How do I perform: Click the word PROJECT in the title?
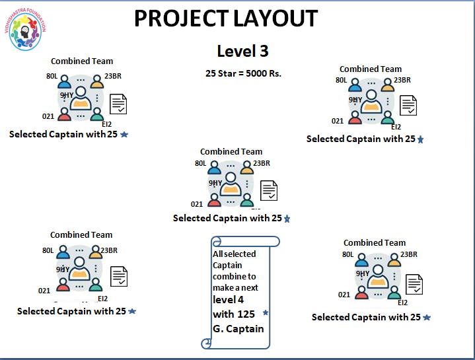[178, 18]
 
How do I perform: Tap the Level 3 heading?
[242, 52]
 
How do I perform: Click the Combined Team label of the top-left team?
[82, 61]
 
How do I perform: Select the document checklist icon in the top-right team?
[408, 105]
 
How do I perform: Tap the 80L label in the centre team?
[201, 163]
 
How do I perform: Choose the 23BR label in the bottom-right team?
[409, 254]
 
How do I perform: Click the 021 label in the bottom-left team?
[44, 291]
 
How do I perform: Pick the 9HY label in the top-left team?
[67, 96]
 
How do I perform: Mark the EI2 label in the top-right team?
[396, 127]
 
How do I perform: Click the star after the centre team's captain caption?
[287, 219]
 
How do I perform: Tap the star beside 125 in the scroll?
[266, 312]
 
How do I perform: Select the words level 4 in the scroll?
[228, 300]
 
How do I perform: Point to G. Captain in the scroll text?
[238, 328]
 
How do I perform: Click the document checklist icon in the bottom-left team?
[119, 277]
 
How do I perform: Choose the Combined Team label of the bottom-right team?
[375, 242]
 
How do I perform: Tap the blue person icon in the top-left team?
[64, 83]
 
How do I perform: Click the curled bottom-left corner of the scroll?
[206, 342]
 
